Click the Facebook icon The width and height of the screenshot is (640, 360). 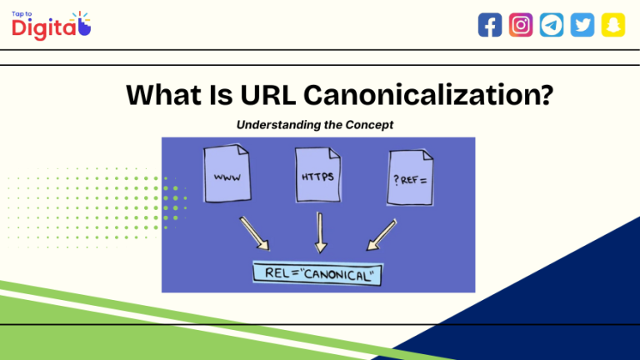tap(490, 25)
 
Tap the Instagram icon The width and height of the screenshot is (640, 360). tap(521, 25)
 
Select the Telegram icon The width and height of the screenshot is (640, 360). tap(551, 25)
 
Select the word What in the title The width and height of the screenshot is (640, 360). tap(162, 95)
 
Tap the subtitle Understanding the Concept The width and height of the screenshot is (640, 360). tap(315, 124)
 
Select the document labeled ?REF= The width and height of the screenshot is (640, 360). tap(410, 176)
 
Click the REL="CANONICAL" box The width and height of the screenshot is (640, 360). tap(317, 272)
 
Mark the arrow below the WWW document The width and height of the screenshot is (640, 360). tap(254, 232)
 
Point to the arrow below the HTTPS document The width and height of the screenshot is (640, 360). tap(319, 232)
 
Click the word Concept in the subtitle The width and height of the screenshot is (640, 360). tap(370, 124)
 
